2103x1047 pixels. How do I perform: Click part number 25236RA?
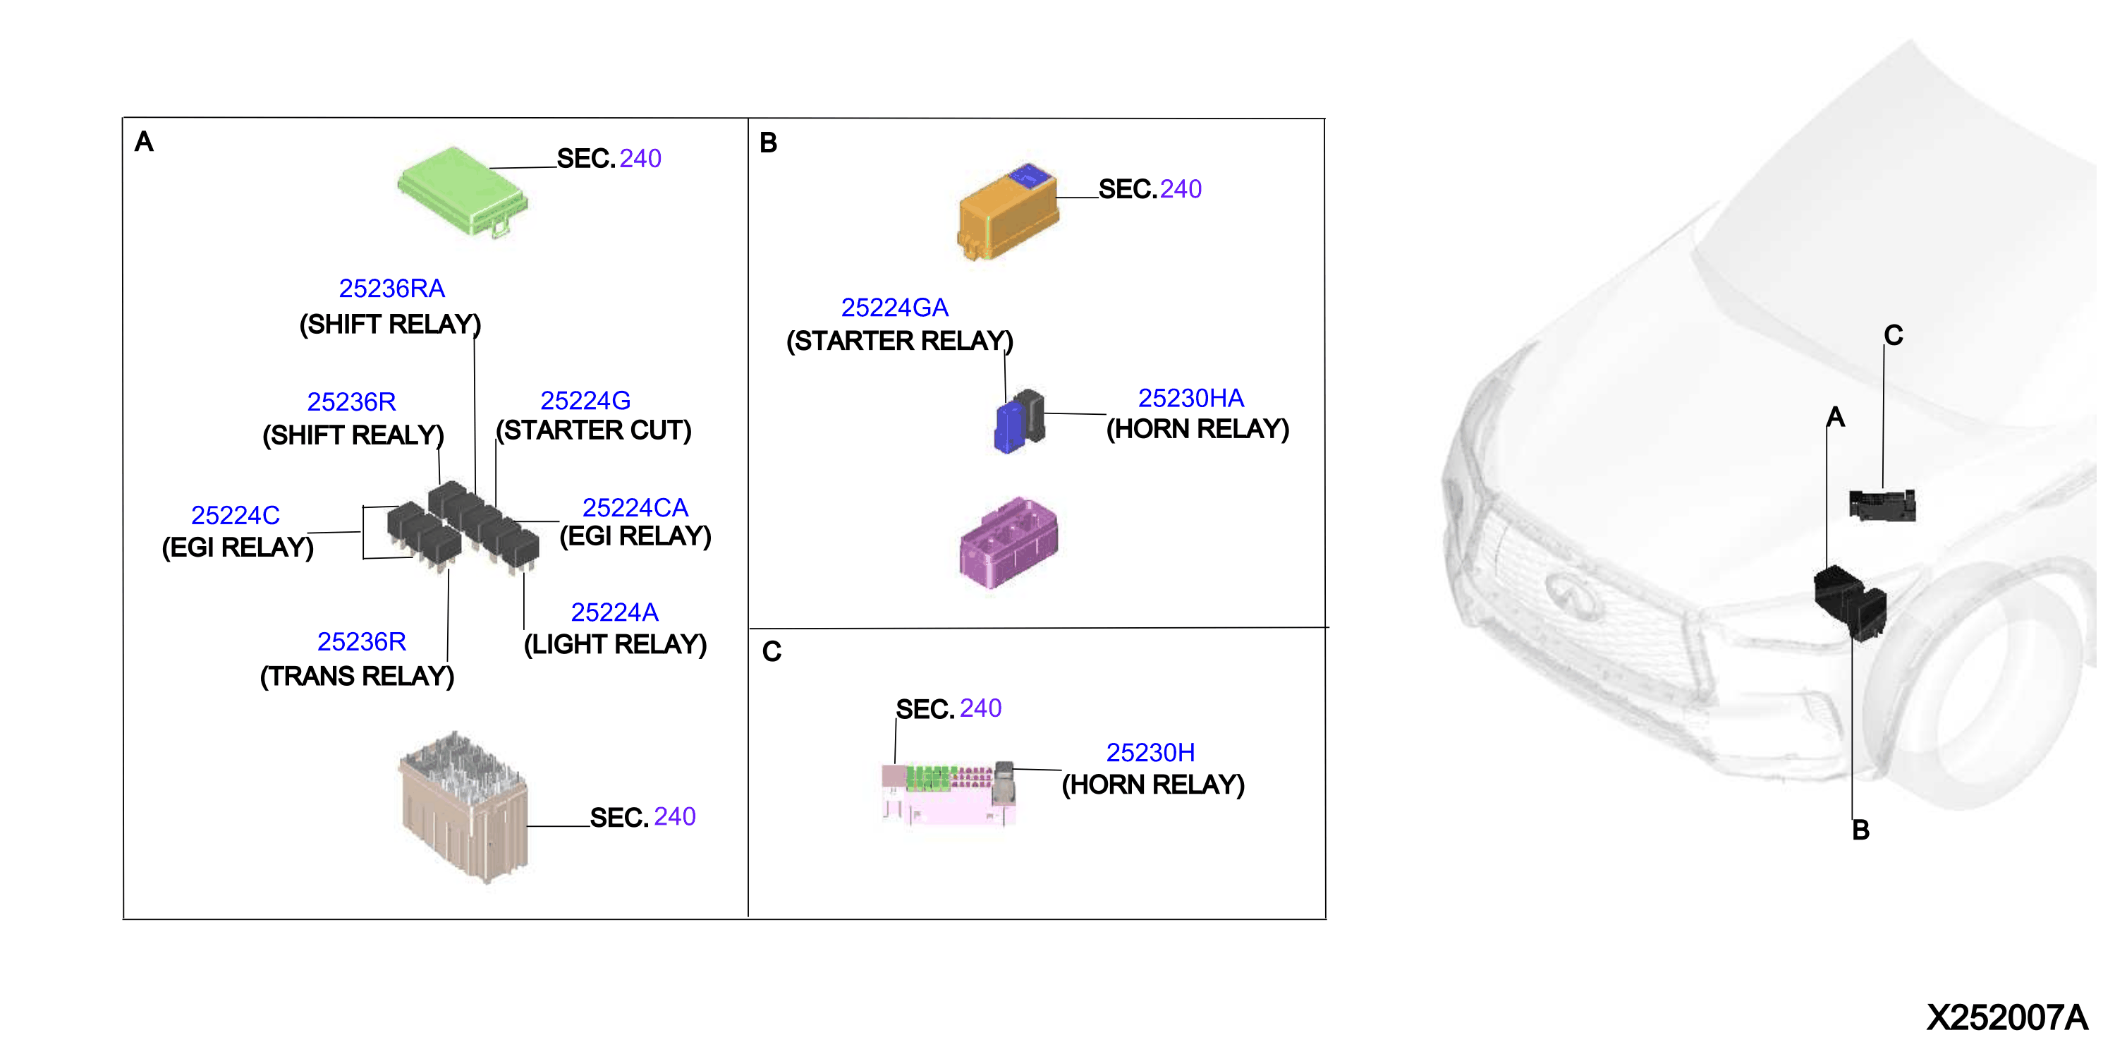[392, 289]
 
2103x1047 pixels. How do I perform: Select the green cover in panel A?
[463, 191]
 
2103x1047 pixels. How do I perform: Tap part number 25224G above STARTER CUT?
[585, 400]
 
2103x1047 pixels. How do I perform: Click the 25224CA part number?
[635, 507]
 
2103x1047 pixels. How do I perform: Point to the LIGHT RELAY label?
[616, 644]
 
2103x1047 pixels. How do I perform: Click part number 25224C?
[235, 515]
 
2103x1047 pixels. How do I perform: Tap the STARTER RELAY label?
[900, 341]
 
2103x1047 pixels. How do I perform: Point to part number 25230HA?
[1191, 398]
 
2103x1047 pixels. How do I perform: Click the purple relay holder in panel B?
[1009, 543]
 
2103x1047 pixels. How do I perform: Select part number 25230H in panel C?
[1150, 752]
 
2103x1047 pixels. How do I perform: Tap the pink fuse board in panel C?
[949, 794]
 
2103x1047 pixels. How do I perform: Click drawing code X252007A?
[2006, 1017]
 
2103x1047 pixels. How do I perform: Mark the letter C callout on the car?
[1893, 335]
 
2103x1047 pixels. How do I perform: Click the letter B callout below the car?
[1860, 830]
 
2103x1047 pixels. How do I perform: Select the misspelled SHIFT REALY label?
[353, 435]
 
